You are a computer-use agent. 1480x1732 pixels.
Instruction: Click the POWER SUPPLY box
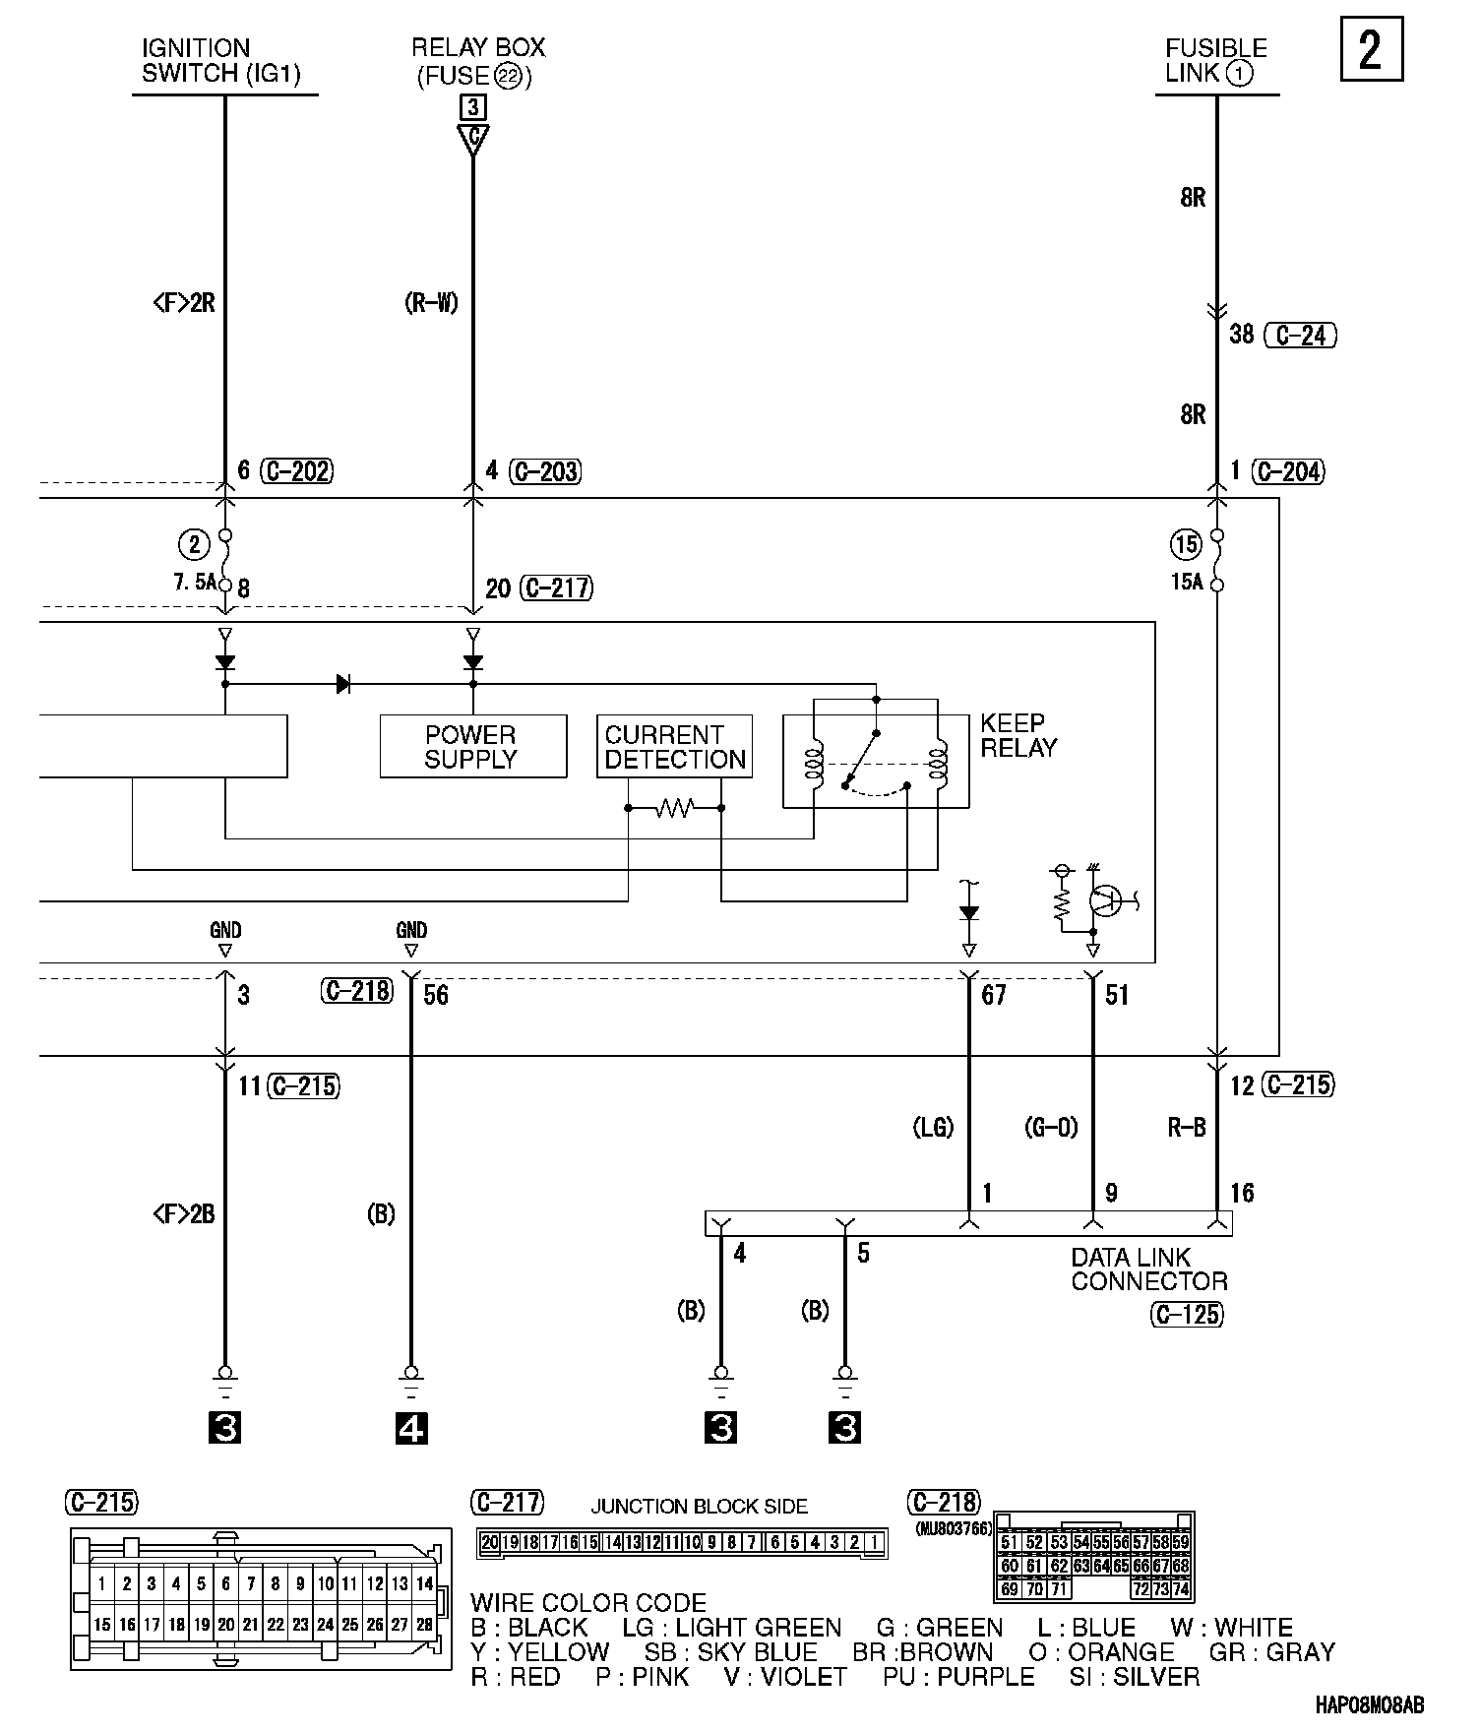(472, 747)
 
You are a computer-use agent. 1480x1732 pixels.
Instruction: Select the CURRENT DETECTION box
(674, 747)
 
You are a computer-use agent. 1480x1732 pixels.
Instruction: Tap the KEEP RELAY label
(1018, 736)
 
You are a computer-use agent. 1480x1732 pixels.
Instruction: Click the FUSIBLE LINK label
(1215, 60)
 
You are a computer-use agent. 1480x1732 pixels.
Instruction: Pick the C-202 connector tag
(297, 471)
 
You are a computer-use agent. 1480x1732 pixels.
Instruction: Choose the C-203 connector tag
(546, 471)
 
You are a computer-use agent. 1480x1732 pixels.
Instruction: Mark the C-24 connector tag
(1300, 336)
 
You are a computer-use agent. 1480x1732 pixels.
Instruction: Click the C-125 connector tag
(1187, 1314)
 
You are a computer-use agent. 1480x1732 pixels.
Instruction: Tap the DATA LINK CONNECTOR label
(1148, 1269)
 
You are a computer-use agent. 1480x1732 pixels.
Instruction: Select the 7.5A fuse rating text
(194, 582)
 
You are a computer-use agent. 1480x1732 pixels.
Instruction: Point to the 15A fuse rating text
(1187, 582)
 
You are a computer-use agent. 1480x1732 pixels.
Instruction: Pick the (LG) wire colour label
(933, 1128)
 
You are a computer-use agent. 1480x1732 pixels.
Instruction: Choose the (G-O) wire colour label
(1051, 1128)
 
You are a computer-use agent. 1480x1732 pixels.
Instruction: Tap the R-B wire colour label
(1187, 1128)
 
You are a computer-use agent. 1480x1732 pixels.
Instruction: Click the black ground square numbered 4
(411, 1428)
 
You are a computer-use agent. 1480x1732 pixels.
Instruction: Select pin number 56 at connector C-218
(436, 995)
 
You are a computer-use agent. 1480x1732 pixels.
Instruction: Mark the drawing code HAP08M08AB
(1368, 1706)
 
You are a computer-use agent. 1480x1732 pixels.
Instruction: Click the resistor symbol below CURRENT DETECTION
(675, 808)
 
